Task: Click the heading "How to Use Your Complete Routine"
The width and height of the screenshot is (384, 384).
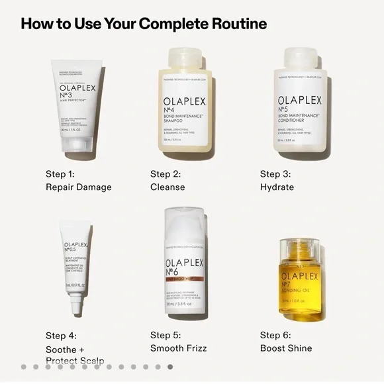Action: (x=144, y=24)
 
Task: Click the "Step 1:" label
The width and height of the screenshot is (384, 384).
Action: (x=60, y=174)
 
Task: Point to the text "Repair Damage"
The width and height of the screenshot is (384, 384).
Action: (x=78, y=187)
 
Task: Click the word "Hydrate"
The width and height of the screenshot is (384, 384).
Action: (x=277, y=187)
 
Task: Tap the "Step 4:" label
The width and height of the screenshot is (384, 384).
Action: (x=61, y=336)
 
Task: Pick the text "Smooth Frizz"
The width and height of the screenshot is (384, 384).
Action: (x=178, y=348)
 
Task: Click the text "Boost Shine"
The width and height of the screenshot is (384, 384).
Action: (x=285, y=348)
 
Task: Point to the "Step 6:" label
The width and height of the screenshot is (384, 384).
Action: (x=275, y=336)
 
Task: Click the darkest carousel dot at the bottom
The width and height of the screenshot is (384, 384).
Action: (x=170, y=366)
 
